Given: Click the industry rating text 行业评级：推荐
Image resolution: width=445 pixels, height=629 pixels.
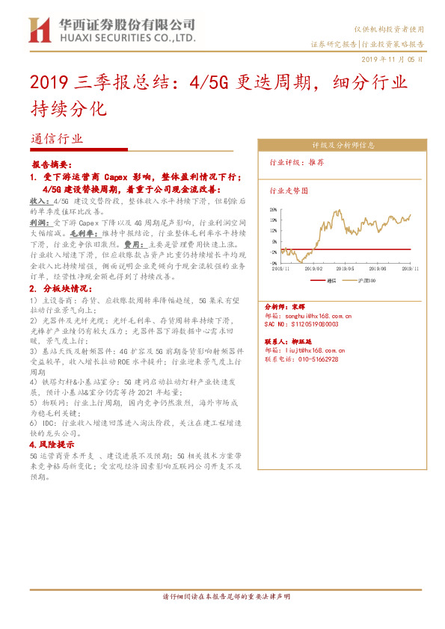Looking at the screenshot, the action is (297, 162).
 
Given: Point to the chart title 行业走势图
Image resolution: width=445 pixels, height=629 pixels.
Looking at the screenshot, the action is (288, 190).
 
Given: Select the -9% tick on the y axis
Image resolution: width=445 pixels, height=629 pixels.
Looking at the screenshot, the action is (274, 263).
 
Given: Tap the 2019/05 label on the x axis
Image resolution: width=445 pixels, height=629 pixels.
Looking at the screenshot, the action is (346, 267).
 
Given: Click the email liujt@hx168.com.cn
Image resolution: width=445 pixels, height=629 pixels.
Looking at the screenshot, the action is (305, 350).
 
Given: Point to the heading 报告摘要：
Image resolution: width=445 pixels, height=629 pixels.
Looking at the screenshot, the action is (52, 163).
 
